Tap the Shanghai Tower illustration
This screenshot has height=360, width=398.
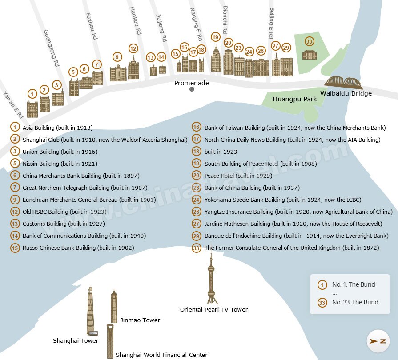90,311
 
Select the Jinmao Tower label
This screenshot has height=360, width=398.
140,320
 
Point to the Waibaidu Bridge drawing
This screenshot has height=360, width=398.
345,82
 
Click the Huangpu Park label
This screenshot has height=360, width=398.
295,99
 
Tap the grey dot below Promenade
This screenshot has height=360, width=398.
192,89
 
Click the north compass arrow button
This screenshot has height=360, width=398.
378,341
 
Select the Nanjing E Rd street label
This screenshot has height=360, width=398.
196,24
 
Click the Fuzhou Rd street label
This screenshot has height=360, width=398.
91,26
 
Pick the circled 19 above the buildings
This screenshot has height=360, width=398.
216,37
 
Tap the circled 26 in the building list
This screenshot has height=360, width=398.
197,212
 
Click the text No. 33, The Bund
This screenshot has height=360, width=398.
355,302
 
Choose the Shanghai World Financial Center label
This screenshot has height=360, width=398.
161,355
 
